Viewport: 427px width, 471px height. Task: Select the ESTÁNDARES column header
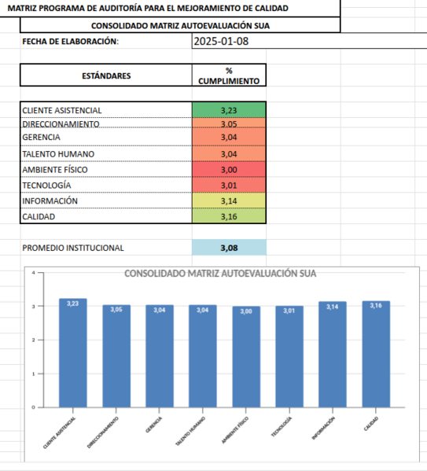click(106, 75)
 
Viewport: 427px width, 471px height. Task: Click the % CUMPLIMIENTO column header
click(229, 75)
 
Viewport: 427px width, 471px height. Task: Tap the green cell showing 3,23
click(229, 110)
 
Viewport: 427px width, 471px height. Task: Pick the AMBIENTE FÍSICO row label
click(55, 170)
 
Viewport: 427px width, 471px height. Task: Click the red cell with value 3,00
click(229, 170)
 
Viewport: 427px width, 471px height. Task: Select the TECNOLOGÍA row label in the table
click(47, 186)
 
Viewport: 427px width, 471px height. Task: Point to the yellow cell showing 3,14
click(229, 201)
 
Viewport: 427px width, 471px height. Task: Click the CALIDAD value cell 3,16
click(229, 216)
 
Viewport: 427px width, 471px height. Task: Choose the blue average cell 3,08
click(229, 248)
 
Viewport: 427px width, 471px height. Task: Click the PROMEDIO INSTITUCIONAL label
click(73, 248)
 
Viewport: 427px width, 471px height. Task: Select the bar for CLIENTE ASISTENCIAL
click(72, 354)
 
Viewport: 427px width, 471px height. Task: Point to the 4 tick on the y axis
click(33, 272)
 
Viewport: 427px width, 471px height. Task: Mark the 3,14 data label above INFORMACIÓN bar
click(333, 307)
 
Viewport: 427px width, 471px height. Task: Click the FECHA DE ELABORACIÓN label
click(71, 42)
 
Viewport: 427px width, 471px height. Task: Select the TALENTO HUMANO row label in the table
click(58, 154)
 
